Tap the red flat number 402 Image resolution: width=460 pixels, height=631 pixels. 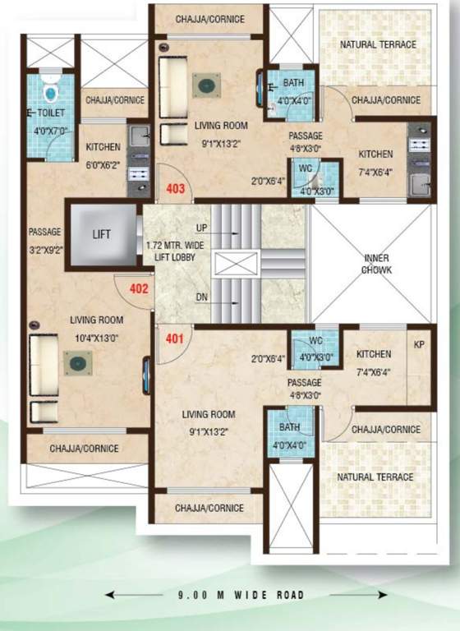138,288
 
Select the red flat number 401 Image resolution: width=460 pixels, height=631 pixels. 173,336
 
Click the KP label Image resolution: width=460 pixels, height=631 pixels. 418,344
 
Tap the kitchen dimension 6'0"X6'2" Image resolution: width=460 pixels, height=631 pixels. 103,162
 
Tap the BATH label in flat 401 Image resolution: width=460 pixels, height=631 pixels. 288,428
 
